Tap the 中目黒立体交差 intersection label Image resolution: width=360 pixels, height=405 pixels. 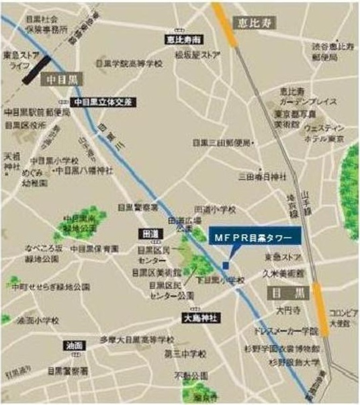click(x=104, y=101)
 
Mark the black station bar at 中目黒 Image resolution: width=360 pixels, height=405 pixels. click(x=34, y=69)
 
